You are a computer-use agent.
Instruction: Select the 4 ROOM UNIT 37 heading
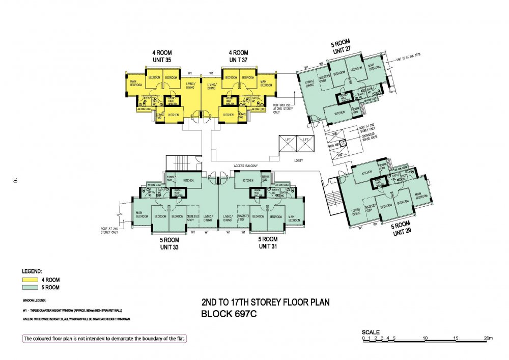[x=238, y=56]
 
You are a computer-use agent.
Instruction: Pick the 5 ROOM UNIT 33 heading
[x=168, y=243]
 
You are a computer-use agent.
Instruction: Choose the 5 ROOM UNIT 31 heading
[x=267, y=243]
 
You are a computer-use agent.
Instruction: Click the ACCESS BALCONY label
[x=246, y=166]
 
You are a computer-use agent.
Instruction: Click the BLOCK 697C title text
[x=229, y=314]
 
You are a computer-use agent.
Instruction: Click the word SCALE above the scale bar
[x=371, y=332]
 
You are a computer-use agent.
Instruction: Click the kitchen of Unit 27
[x=340, y=113]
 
